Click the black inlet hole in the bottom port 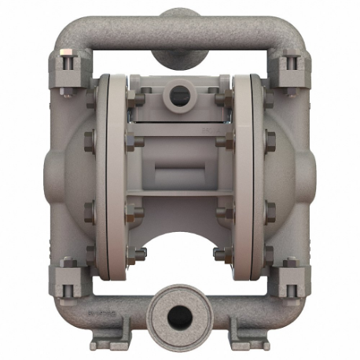click(180, 315)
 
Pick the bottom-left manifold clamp click(68, 277)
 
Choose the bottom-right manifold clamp click(291, 277)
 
